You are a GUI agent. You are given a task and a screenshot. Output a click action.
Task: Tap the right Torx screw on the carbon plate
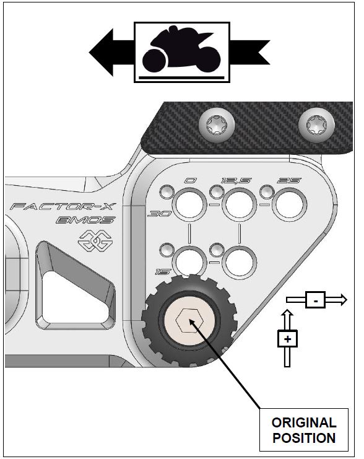(312, 127)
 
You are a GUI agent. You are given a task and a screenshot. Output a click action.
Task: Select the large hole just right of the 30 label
(189, 204)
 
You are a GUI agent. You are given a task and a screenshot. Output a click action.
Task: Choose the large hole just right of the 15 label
(189, 261)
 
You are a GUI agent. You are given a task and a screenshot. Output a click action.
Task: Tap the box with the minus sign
(316, 300)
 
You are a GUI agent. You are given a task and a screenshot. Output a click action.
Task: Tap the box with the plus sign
(287, 339)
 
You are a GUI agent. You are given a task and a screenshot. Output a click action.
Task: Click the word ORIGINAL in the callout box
(304, 423)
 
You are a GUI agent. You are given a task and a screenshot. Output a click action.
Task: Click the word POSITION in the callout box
(304, 438)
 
